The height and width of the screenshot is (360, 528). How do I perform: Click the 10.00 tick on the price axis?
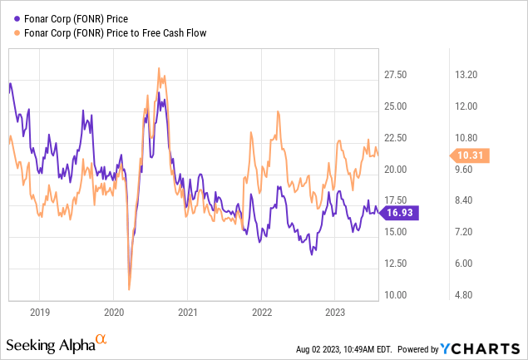coord(396,295)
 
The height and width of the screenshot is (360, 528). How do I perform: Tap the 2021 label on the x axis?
coord(187,313)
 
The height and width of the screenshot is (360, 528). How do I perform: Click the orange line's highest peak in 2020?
coord(158,69)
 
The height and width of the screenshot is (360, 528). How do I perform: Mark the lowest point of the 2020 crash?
coord(130,288)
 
